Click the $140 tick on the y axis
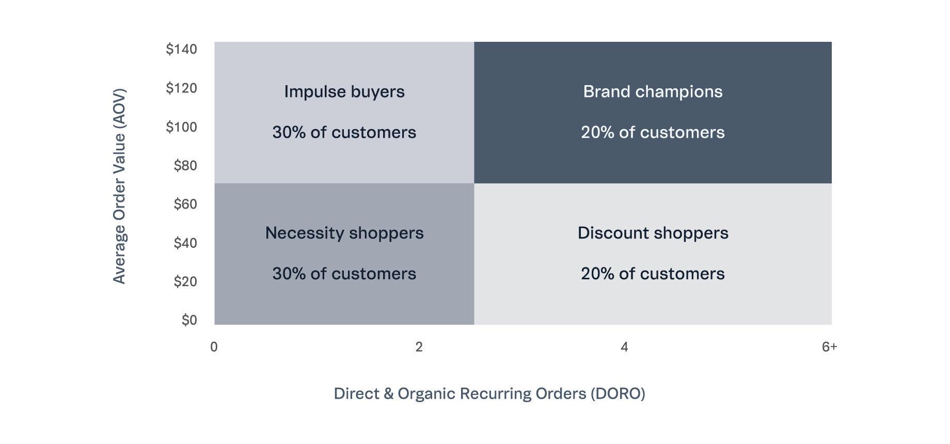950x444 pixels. point(181,49)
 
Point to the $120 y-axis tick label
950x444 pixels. point(181,88)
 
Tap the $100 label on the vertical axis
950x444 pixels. point(181,126)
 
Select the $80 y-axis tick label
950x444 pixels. point(185,165)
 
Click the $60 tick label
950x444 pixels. point(185,204)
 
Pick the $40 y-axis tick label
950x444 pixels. point(185,243)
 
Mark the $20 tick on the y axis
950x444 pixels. point(185,281)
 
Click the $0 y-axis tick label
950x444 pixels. point(189,320)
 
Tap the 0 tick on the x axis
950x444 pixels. point(214,347)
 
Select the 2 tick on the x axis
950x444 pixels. point(419,347)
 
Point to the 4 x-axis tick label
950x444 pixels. point(624,347)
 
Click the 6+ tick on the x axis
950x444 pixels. point(829,347)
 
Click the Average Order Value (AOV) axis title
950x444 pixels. point(119,186)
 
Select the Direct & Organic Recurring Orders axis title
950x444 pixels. point(489,394)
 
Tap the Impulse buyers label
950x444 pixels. point(344,92)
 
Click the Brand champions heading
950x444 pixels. point(653,92)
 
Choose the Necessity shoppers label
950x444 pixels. point(344,233)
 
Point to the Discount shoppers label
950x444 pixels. point(653,233)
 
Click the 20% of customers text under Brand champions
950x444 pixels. point(653,133)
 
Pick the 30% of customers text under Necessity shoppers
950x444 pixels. point(344,274)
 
